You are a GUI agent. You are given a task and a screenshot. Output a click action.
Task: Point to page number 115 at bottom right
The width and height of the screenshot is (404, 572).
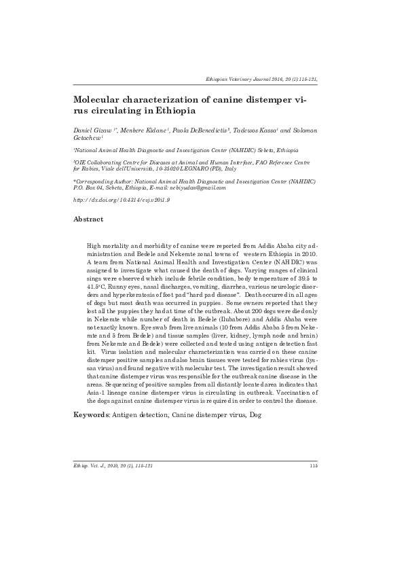(313, 465)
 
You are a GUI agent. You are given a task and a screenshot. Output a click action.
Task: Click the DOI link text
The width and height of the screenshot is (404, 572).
(111, 202)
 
